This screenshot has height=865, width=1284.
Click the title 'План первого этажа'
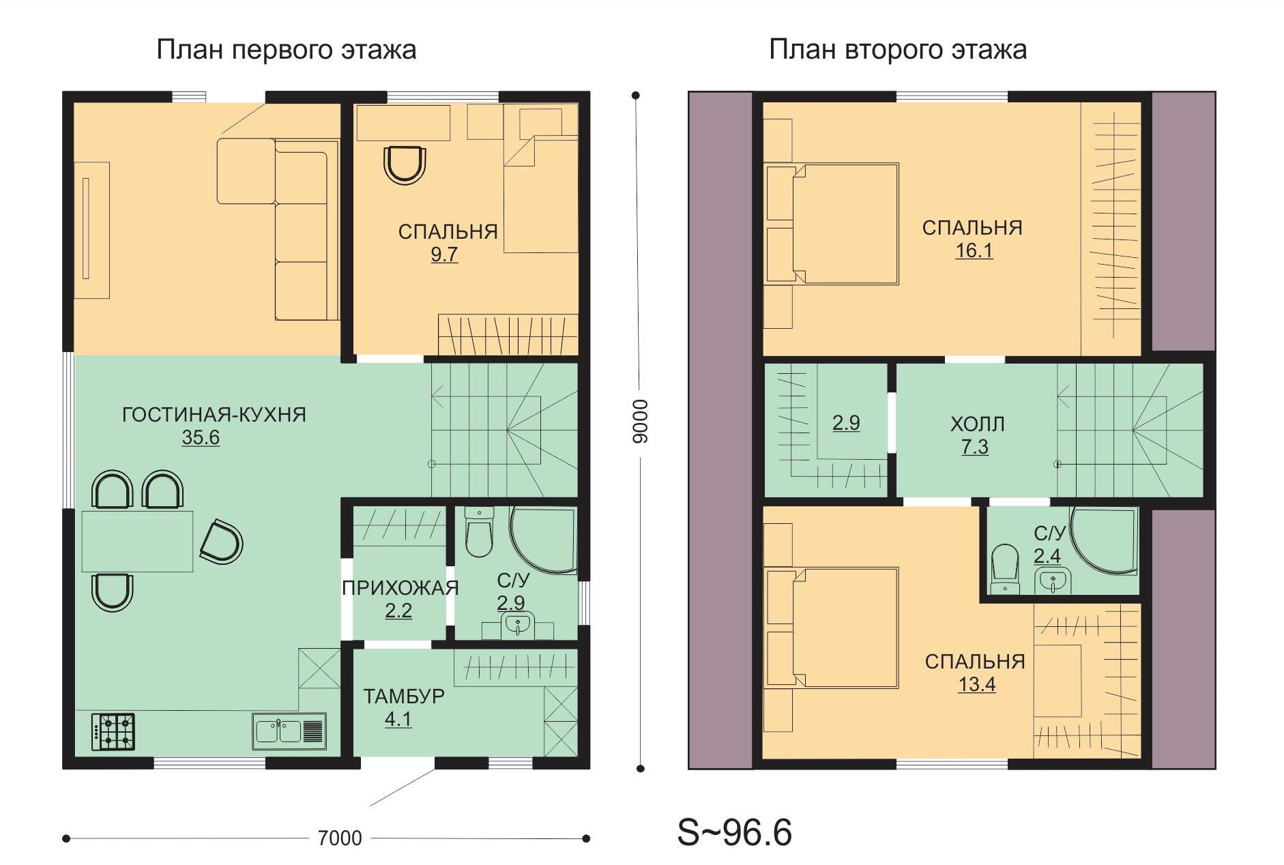click(287, 50)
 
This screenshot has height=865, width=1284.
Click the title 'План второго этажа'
click(898, 50)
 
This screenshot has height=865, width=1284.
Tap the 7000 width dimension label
click(340, 838)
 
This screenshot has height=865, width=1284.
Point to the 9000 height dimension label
click(640, 421)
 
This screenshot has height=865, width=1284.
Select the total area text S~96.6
click(734, 832)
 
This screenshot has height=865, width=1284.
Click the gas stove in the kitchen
click(113, 732)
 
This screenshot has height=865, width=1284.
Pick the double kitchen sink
click(289, 731)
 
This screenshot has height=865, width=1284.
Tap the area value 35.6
click(201, 437)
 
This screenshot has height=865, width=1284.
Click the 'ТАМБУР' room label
click(404, 697)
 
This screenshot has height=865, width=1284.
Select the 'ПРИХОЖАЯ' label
click(400, 588)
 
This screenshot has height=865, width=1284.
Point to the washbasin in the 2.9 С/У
click(517, 625)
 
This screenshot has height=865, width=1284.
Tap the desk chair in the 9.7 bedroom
click(405, 164)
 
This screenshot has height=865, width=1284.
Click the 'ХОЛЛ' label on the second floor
click(977, 424)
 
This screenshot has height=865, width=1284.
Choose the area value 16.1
click(974, 251)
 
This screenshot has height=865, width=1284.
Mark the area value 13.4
click(976, 684)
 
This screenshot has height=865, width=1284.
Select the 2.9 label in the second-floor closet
click(846, 423)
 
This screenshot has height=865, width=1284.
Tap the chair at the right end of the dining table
click(222, 542)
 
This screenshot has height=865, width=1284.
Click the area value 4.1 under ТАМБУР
click(398, 720)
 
